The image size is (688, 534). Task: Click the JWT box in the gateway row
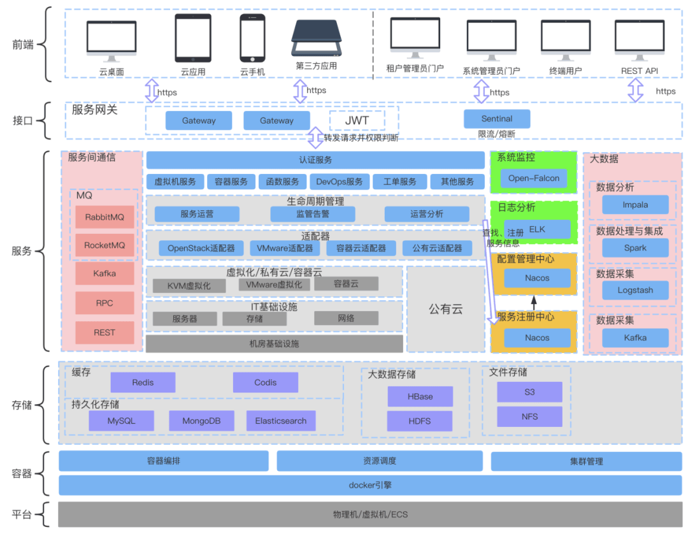[x=357, y=120]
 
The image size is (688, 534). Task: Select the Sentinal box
[x=496, y=119]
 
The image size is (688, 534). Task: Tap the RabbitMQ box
[x=104, y=217]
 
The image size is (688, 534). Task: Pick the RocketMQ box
[x=104, y=245]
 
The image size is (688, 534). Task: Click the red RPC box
[x=104, y=303]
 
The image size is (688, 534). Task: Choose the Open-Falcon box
[x=533, y=178]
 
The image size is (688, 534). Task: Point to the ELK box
[x=536, y=229]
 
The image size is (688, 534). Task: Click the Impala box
[x=634, y=205]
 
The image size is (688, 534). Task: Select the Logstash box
[x=634, y=291]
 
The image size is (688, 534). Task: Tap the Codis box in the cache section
[x=265, y=382]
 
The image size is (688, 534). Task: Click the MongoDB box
[x=201, y=421]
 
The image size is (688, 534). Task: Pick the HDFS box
[x=420, y=421]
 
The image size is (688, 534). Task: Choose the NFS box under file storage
[x=529, y=417]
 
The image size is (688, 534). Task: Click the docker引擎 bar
[x=370, y=485]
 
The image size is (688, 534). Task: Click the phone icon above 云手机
[x=252, y=37]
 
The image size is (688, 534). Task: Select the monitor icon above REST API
[x=640, y=38]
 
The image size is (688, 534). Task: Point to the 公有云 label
[x=445, y=310]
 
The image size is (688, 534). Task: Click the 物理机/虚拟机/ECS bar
[x=370, y=514]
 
